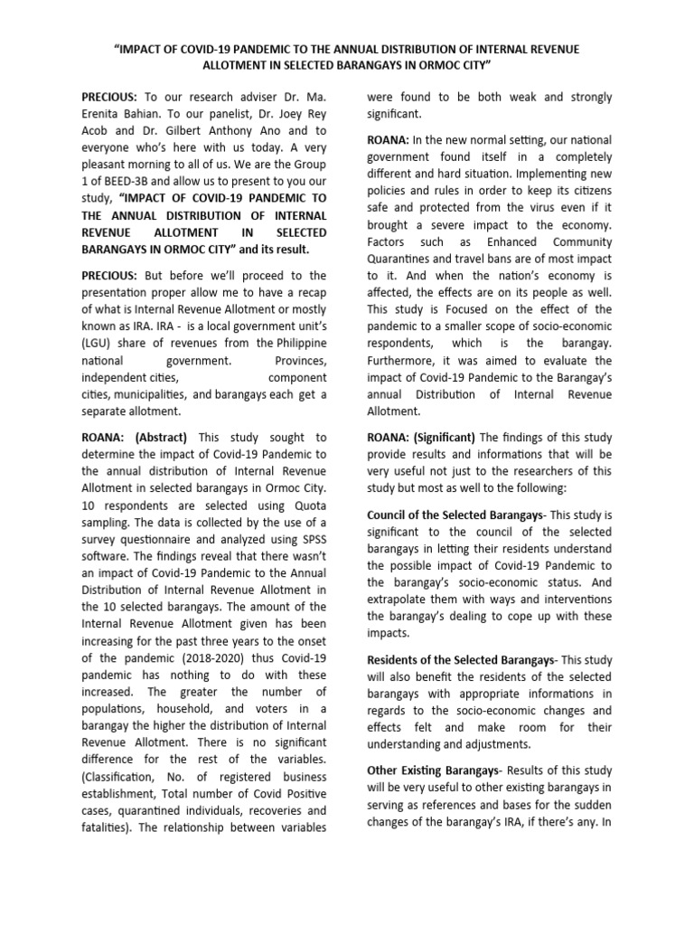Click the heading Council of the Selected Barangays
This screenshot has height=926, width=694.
click(x=455, y=514)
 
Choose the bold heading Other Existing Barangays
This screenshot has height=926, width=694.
click(x=433, y=770)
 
